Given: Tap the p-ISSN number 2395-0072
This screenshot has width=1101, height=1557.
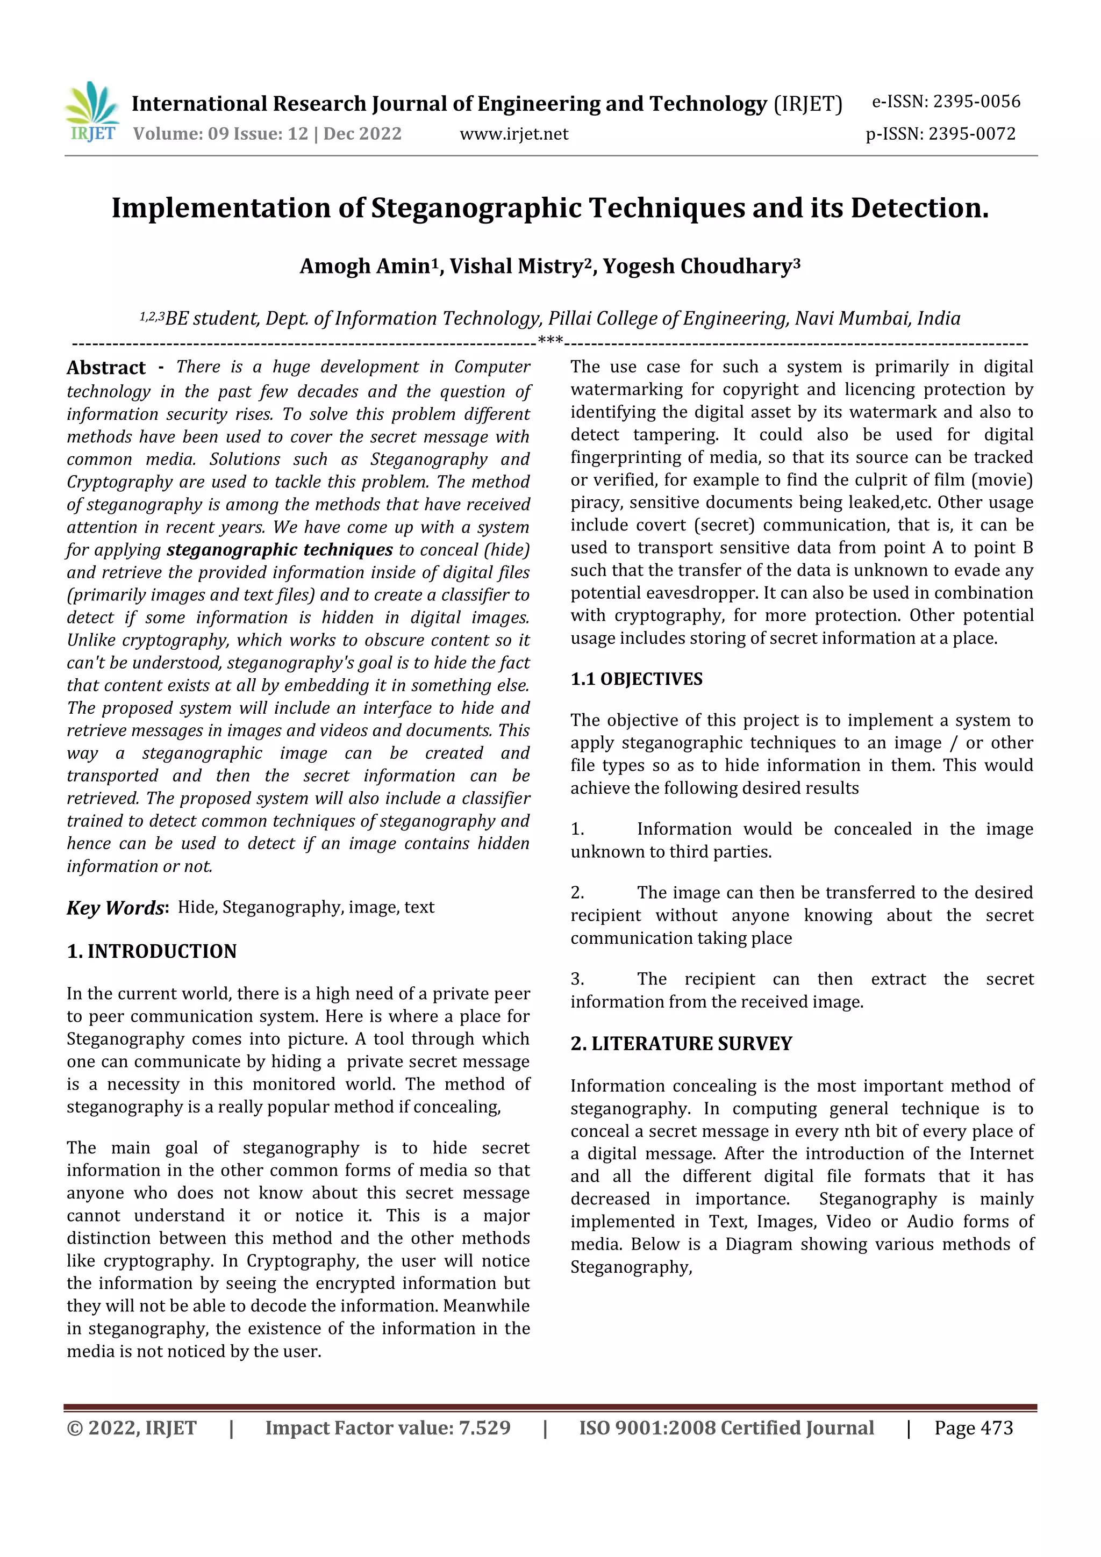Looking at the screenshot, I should coord(971,134).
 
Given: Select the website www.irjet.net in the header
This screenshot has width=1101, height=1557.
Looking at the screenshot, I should coord(513,134).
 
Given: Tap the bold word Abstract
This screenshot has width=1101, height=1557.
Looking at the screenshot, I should coord(106,368).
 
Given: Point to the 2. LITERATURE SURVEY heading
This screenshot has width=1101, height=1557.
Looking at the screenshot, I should coord(681,1044).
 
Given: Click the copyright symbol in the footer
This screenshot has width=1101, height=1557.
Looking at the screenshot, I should coord(75,1428).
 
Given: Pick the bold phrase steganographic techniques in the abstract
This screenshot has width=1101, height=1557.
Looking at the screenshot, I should coord(280,549).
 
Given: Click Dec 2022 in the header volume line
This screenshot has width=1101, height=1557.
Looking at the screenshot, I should coord(362,134).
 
